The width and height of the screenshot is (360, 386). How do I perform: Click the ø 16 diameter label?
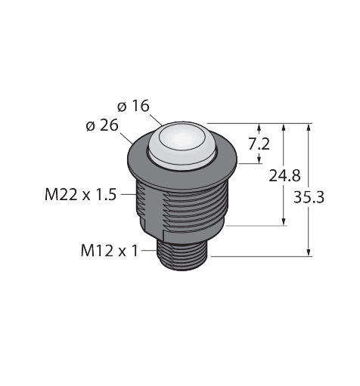click(x=133, y=106)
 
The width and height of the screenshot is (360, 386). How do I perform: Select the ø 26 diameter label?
click(x=102, y=125)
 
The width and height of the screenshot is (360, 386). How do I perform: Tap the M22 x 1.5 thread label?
click(x=81, y=195)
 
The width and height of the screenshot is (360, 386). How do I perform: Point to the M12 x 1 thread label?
click(x=110, y=251)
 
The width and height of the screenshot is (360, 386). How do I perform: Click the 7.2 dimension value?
click(x=259, y=144)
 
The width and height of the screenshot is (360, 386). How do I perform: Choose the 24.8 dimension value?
click(x=284, y=176)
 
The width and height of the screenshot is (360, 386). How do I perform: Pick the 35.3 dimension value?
click(x=309, y=197)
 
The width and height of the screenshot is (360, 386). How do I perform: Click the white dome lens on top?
click(x=182, y=144)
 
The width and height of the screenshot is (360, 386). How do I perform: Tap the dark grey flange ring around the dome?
click(x=182, y=160)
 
